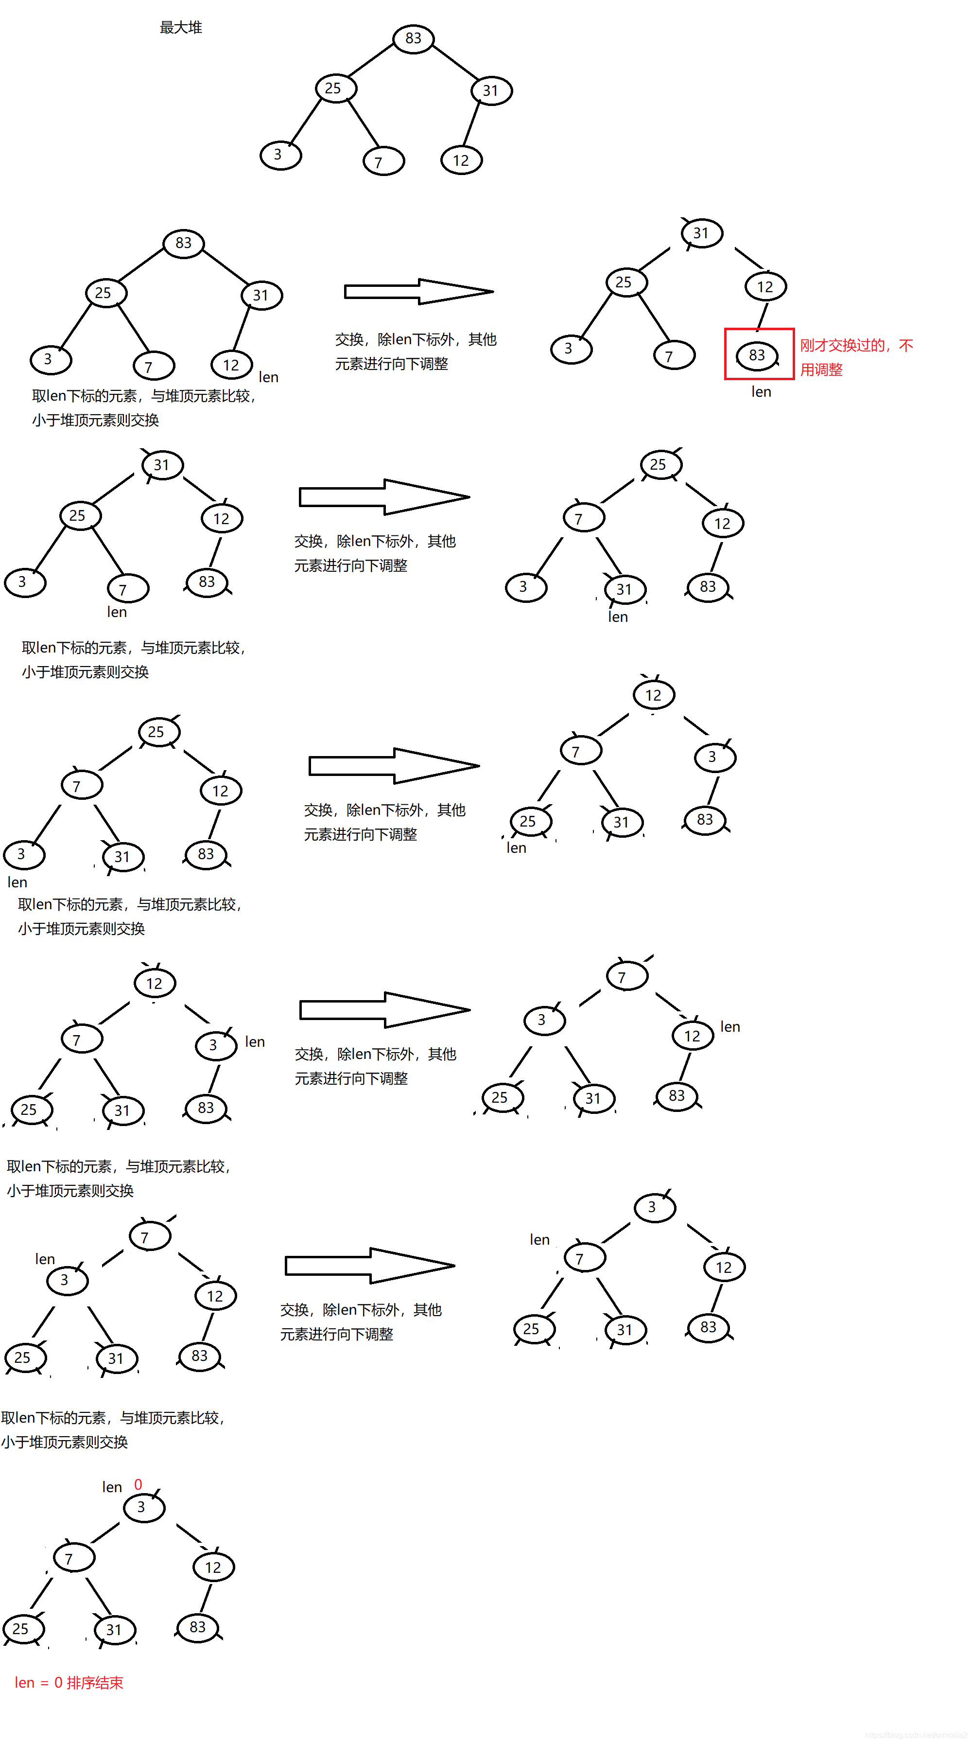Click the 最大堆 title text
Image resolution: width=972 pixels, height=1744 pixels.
click(x=181, y=28)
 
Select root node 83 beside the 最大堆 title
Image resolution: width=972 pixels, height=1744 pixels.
click(x=413, y=38)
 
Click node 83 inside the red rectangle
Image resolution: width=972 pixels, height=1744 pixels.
click(x=757, y=355)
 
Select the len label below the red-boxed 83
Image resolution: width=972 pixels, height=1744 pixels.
click(x=761, y=392)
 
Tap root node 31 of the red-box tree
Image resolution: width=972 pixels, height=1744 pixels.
click(x=701, y=233)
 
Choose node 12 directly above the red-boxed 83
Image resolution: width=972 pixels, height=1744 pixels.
click(x=765, y=287)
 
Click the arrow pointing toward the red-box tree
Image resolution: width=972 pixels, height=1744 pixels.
click(x=418, y=292)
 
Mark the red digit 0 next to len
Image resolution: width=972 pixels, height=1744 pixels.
click(x=138, y=1485)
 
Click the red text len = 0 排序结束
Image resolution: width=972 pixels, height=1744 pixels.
click(x=69, y=1682)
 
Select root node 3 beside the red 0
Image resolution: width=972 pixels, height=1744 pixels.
click(x=143, y=1507)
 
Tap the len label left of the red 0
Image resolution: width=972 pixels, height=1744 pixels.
click(x=112, y=1487)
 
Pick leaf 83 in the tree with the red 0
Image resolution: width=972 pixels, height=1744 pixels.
click(x=198, y=1627)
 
